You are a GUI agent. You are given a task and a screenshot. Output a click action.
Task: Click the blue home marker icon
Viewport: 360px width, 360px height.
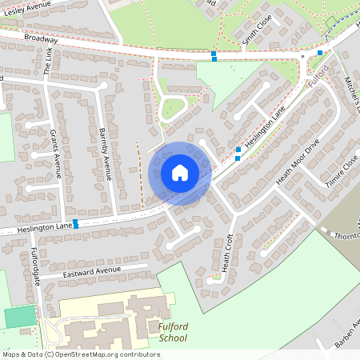180,172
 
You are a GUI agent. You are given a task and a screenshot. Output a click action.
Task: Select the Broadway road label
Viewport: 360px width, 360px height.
40,38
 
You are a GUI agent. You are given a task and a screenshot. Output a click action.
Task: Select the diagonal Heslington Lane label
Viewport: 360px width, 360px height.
266,127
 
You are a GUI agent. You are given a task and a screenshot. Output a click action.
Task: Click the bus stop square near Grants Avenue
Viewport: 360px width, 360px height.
75,222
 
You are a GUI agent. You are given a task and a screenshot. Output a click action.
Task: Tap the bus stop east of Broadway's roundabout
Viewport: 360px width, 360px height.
320,53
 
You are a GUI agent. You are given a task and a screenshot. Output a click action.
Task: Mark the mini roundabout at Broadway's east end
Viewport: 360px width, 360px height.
303,57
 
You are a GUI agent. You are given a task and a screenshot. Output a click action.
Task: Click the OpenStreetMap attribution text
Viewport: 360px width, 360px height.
80,354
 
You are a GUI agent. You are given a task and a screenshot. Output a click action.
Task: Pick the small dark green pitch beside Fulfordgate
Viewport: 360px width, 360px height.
20,317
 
